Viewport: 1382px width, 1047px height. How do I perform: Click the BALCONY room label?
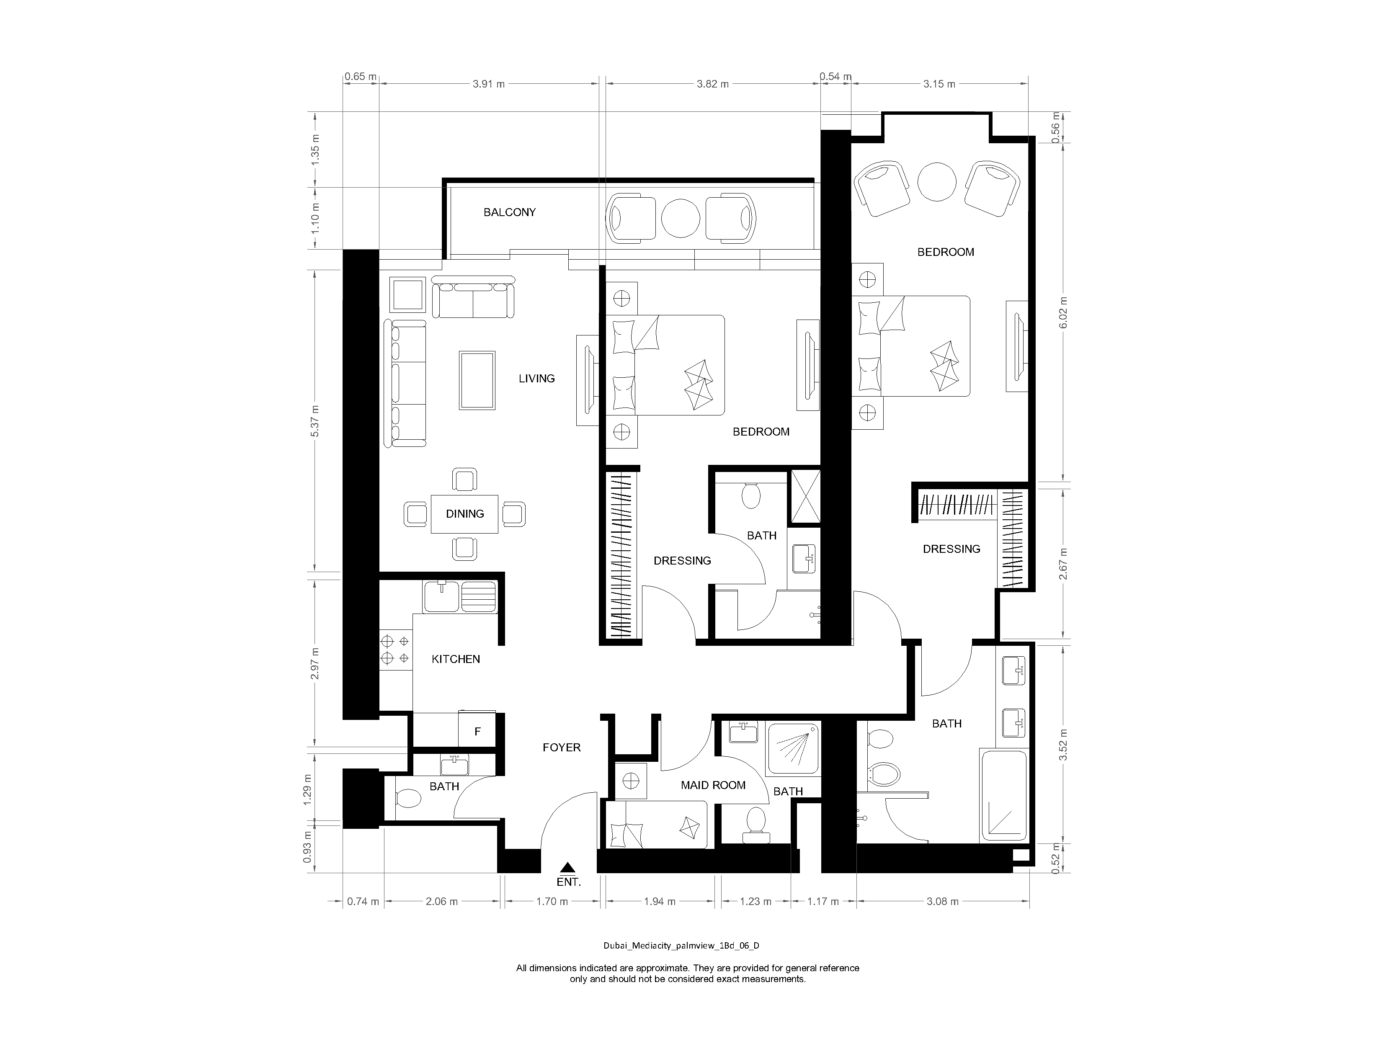coord(509,212)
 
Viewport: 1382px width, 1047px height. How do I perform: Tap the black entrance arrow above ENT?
coord(567,866)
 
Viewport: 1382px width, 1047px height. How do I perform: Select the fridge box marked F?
coord(477,731)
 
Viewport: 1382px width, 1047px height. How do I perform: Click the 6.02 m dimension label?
coord(1063,312)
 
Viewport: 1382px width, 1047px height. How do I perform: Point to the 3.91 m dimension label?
coord(489,84)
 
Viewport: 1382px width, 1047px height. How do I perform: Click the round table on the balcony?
coord(681,219)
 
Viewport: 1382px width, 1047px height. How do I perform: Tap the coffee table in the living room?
coord(477,380)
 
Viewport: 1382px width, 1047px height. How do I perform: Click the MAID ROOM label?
coord(713,785)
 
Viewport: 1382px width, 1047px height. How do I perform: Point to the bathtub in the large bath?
coord(1003,796)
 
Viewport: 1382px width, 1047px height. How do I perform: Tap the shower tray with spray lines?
coord(793,748)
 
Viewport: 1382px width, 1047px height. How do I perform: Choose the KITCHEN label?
coord(456,659)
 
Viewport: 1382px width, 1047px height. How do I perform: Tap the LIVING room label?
coord(536,379)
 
